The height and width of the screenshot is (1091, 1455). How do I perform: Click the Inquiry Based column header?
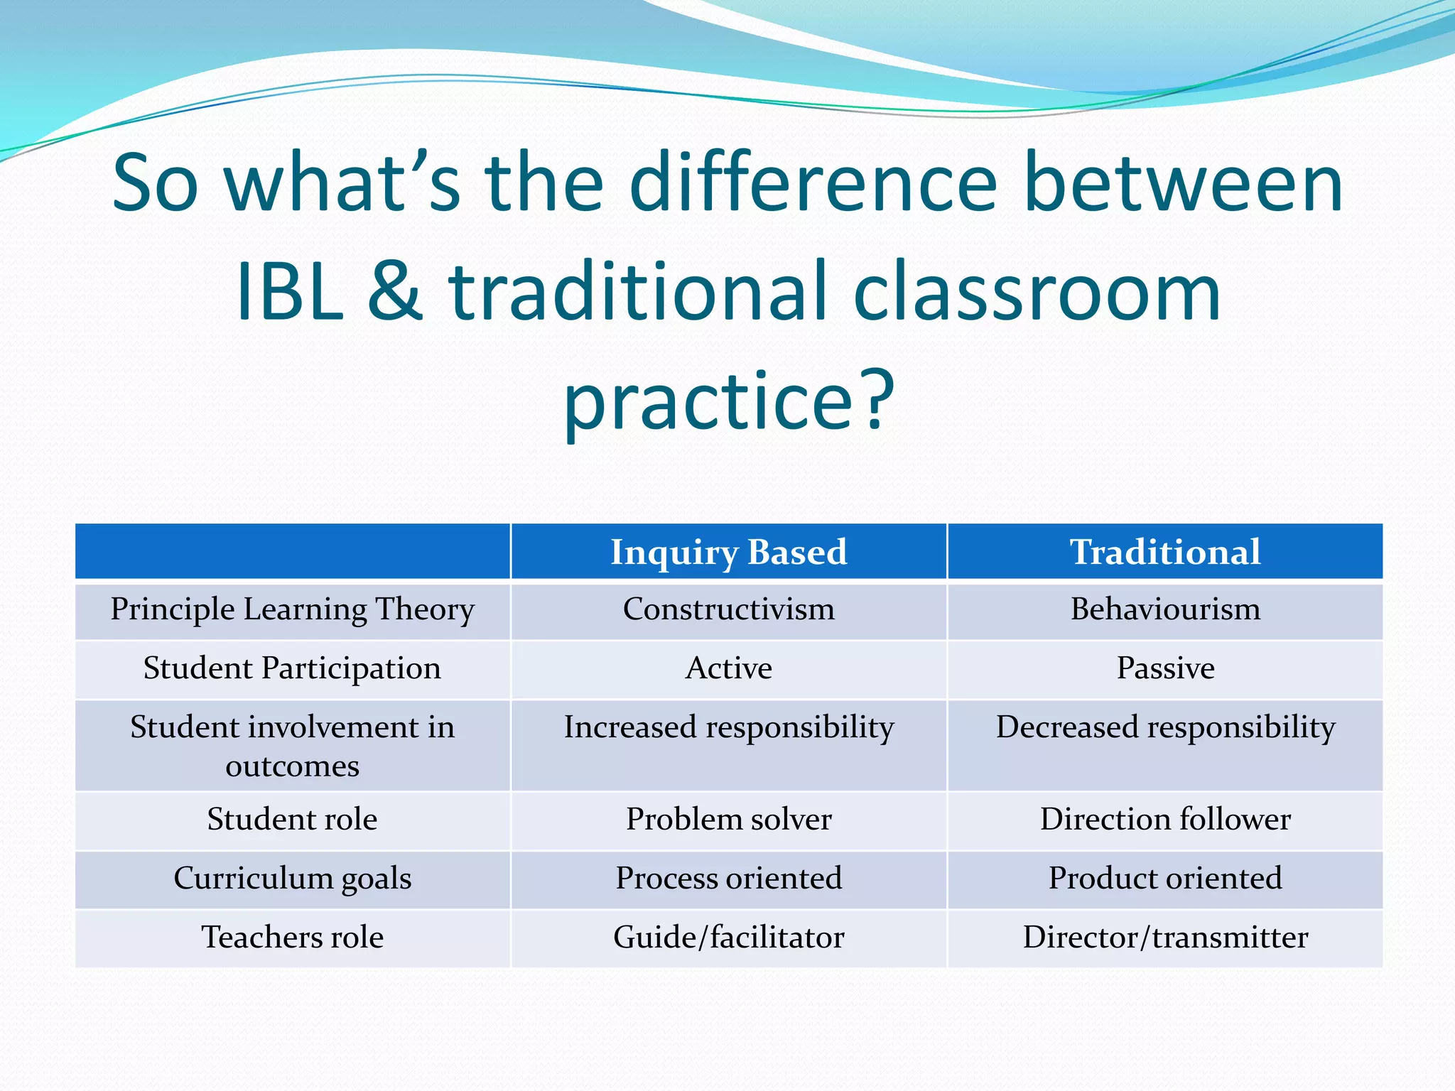729,553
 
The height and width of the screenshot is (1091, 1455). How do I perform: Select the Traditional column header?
1165,553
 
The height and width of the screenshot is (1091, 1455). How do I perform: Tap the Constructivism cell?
729,609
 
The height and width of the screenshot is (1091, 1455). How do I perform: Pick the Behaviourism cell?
1165,609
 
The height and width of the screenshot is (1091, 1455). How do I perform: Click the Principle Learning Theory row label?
292,609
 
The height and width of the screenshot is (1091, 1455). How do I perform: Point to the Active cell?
729,668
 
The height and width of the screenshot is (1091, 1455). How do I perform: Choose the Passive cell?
1165,668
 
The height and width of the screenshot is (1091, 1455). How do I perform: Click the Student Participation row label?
292,668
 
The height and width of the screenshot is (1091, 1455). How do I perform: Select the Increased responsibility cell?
729,728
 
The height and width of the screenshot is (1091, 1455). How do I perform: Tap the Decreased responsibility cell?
1165,728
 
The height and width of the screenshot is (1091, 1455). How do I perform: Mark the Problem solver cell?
729,820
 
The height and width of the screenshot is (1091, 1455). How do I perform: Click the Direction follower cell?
1165,820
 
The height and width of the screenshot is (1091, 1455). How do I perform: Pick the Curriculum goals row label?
292,879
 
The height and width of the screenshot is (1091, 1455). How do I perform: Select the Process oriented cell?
729,879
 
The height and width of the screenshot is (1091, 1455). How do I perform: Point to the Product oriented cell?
1165,879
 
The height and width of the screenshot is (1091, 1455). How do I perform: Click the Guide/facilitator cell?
729,938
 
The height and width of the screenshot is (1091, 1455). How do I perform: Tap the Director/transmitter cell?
1165,938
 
